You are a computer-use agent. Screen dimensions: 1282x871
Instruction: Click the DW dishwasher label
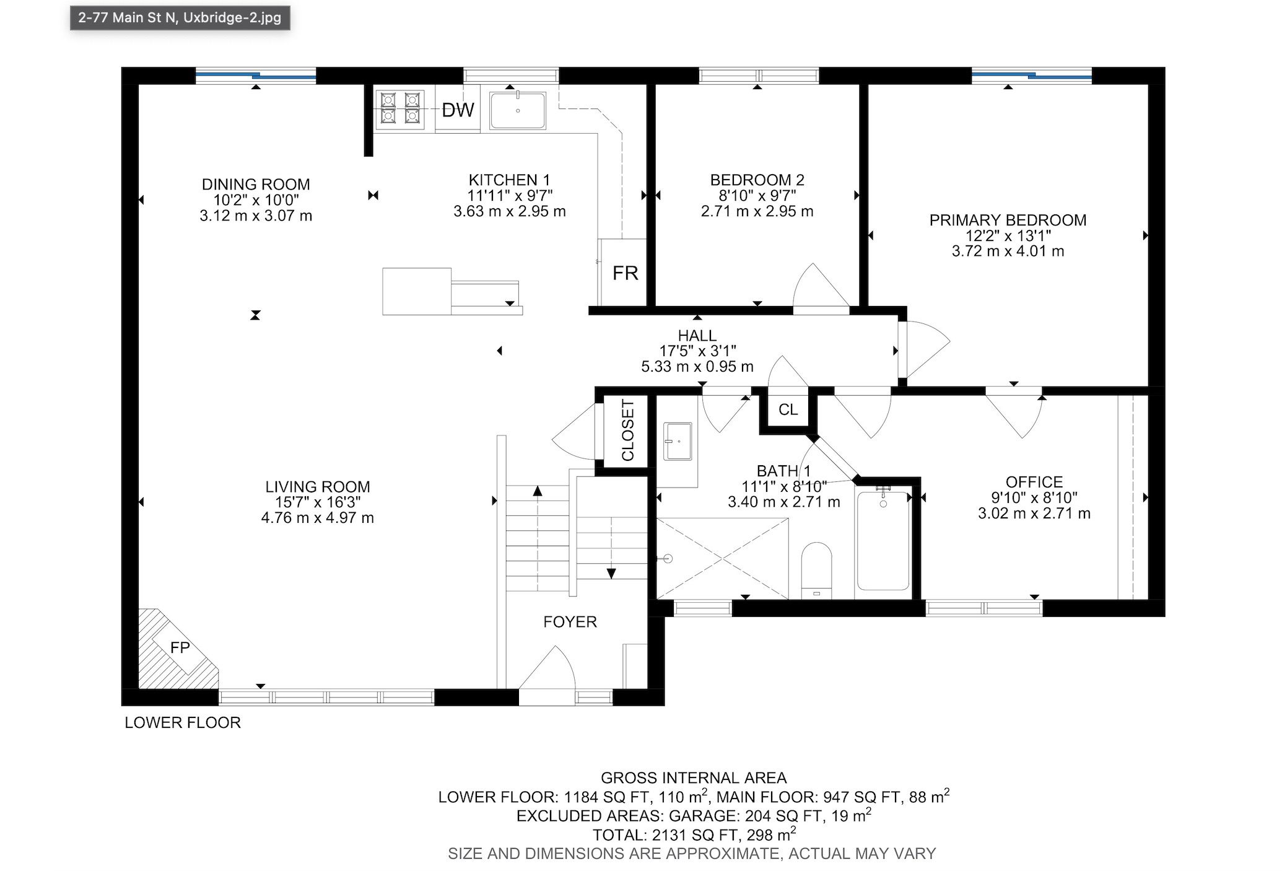click(x=458, y=110)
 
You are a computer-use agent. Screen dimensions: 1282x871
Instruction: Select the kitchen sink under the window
click(x=518, y=111)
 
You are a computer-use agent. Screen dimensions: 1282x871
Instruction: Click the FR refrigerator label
click(x=625, y=273)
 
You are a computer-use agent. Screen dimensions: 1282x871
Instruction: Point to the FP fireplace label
click(x=180, y=647)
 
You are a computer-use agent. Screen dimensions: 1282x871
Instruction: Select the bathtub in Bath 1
click(x=883, y=539)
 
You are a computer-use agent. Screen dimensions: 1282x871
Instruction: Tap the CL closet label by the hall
click(x=788, y=409)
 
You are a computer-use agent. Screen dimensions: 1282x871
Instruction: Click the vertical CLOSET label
click(x=628, y=431)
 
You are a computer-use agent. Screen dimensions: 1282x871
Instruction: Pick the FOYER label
click(x=570, y=622)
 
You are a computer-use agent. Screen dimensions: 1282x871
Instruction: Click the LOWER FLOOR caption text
click(x=183, y=722)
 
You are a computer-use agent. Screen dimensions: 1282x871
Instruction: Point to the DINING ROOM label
click(x=256, y=184)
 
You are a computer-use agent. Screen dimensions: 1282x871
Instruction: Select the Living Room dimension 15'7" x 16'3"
click(x=318, y=502)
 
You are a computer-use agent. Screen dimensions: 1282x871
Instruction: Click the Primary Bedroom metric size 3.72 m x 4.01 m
click(x=1008, y=251)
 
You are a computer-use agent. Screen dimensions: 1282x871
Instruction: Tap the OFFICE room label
click(x=1034, y=482)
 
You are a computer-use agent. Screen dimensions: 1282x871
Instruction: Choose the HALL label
click(x=697, y=335)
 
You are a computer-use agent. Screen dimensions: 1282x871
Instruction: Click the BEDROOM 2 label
click(x=757, y=180)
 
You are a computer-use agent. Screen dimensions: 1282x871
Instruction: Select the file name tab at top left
click(x=180, y=17)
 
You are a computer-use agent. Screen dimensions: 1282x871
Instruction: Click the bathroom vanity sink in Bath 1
click(x=678, y=442)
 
